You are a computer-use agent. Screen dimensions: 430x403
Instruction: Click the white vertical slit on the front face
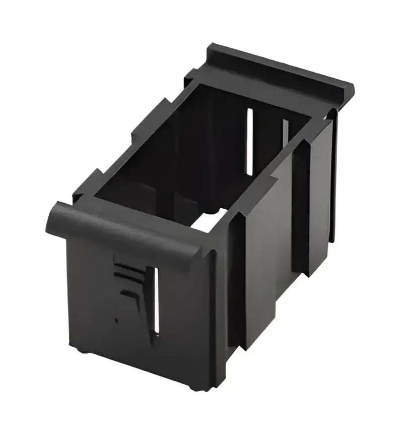(x=156, y=299)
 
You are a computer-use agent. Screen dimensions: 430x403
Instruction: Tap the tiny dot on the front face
(x=117, y=320)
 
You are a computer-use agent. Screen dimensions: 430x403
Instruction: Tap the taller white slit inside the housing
(x=249, y=141)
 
